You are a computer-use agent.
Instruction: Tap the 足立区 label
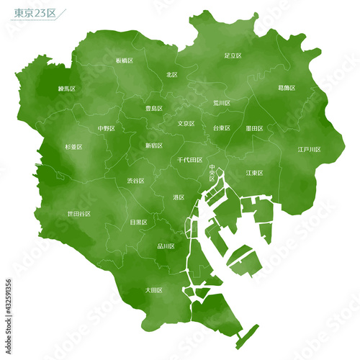pyautogui.click(x=233, y=55)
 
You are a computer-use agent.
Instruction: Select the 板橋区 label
pyautogui.click(x=125, y=61)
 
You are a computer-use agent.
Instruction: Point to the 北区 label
pyautogui.click(x=172, y=74)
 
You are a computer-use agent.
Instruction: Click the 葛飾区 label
pyautogui.click(x=287, y=88)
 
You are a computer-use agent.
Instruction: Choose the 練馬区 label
pyautogui.click(x=67, y=89)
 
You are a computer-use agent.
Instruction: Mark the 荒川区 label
pyautogui.click(x=222, y=103)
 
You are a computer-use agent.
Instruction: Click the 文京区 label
pyautogui.click(x=186, y=123)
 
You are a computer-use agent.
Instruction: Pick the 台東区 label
pyautogui.click(x=221, y=127)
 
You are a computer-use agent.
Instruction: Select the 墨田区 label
pyautogui.click(x=254, y=128)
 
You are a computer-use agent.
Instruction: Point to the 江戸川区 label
pyautogui.click(x=310, y=149)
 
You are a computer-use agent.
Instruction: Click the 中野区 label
pyautogui.click(x=107, y=129)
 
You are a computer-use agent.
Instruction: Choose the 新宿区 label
pyautogui.click(x=154, y=145)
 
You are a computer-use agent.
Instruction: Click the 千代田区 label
pyautogui.click(x=189, y=160)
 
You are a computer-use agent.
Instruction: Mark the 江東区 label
pyautogui.click(x=254, y=173)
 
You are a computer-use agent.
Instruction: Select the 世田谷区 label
pyautogui.click(x=79, y=214)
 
